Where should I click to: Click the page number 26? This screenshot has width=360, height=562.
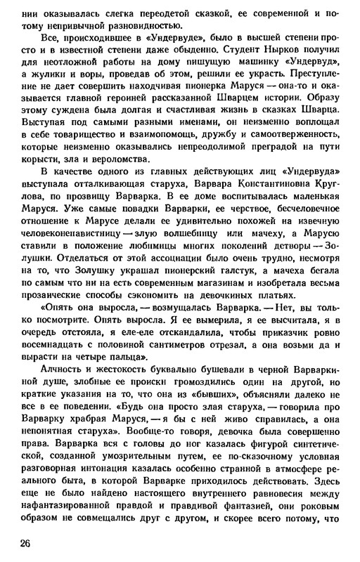pos(29,543)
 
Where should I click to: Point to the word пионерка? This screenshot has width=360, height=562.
pos(201,89)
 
